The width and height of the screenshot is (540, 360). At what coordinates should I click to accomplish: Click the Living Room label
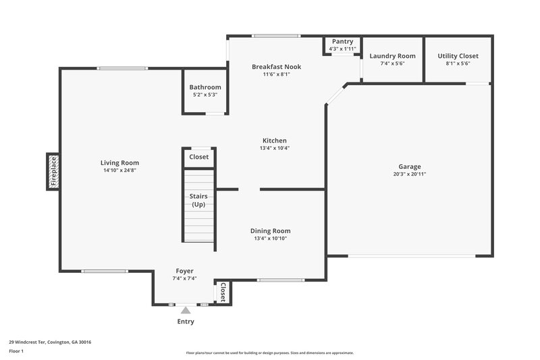(119, 163)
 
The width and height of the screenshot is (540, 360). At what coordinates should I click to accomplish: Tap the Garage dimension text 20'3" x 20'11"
(409, 174)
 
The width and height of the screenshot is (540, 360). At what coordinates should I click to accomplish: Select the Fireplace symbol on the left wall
(53, 171)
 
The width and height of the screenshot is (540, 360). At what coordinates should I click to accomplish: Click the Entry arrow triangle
(186, 310)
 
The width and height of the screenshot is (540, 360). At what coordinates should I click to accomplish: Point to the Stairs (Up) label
(198, 200)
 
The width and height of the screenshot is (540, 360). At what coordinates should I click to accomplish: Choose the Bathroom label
(205, 87)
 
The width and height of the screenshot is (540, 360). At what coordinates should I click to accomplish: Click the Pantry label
(342, 42)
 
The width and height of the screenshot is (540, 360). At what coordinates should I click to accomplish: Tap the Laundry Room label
(392, 56)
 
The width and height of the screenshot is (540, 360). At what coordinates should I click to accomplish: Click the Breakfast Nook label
(276, 67)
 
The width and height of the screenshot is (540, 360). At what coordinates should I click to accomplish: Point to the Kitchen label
(274, 140)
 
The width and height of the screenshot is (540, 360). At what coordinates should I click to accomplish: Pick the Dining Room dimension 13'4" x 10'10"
(270, 238)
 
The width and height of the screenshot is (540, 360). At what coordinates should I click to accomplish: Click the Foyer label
(184, 271)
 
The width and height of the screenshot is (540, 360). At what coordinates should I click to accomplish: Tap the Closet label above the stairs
(198, 157)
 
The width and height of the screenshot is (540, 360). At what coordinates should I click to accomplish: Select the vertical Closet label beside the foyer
(223, 292)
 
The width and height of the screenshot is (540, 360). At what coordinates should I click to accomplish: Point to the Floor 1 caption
(17, 352)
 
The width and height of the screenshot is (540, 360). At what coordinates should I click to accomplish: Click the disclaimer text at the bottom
(269, 353)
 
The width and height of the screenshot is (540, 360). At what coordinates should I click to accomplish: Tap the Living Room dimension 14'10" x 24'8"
(119, 170)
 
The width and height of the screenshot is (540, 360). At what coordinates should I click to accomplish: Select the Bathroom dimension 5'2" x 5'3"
(205, 95)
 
